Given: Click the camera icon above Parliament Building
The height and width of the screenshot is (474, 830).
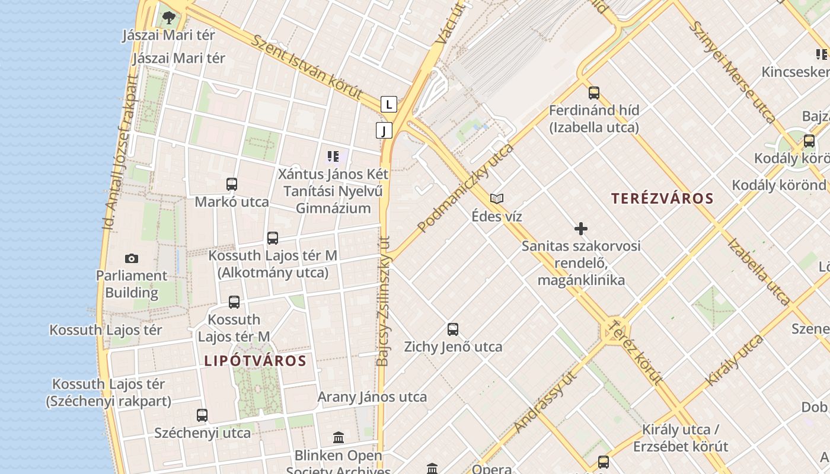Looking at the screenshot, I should [x=132, y=258].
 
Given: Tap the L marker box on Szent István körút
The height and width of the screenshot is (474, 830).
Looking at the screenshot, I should [x=388, y=104].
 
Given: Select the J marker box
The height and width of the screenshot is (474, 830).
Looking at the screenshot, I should [x=384, y=130].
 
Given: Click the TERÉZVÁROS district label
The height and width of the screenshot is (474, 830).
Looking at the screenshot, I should [x=662, y=198].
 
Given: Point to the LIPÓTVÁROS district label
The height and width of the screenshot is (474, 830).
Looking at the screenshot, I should [x=255, y=361].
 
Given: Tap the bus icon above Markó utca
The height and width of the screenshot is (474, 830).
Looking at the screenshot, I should [x=232, y=184].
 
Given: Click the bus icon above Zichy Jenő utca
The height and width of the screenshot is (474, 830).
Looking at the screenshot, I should [x=453, y=329].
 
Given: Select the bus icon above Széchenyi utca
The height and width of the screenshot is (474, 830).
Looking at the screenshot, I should [x=202, y=415].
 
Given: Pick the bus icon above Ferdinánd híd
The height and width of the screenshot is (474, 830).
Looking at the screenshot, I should [x=594, y=93].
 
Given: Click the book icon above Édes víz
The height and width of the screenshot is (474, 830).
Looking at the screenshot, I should [x=497, y=198].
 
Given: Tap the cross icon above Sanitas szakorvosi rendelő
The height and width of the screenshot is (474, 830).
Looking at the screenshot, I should [x=581, y=229].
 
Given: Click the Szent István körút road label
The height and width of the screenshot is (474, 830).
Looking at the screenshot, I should [x=307, y=66].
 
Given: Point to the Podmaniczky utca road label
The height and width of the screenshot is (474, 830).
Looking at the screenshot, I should [x=465, y=187].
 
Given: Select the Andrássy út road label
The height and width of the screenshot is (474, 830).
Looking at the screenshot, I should [x=546, y=401].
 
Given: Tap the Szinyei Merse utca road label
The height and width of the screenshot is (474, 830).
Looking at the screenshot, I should [x=733, y=72].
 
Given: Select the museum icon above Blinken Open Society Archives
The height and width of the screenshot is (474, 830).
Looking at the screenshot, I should [x=339, y=438].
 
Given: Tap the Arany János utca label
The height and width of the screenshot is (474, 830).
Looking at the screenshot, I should [x=372, y=397].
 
